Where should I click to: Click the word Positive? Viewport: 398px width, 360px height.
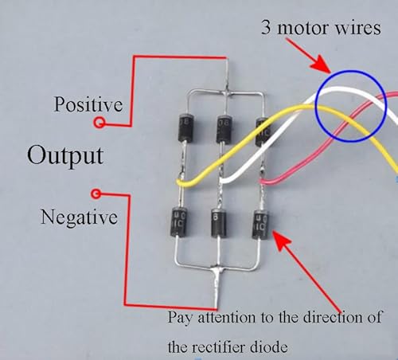coord(88,104)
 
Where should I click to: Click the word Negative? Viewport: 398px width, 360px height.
coord(79,217)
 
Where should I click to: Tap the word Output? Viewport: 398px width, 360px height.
coord(65,155)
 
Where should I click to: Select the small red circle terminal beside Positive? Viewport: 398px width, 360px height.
coord(99,123)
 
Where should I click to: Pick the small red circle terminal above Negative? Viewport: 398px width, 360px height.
coord(96,194)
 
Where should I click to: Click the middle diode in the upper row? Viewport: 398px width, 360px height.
coord(224,130)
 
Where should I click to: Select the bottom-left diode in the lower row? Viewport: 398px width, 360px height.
coord(179,222)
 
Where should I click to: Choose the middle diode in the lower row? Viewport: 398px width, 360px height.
coord(219,223)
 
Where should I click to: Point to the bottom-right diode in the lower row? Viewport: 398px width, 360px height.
coord(260,225)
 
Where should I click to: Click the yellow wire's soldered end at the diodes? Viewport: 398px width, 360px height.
coord(181,183)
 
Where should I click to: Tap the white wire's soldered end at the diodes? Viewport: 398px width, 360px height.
coord(223,181)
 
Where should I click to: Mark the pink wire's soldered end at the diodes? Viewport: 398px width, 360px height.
coord(263,182)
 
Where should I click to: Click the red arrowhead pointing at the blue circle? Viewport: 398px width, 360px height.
coord(322,65)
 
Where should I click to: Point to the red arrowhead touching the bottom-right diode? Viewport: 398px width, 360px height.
coord(281,240)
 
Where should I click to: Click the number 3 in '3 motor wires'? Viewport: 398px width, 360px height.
coord(266,27)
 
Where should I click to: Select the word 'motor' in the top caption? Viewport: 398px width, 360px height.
coord(303,28)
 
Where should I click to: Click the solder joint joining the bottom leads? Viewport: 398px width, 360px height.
coord(217,270)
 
